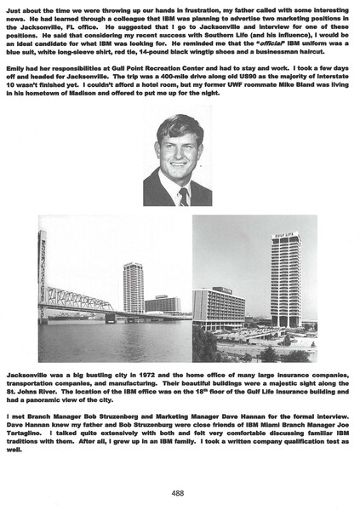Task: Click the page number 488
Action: click(178, 492)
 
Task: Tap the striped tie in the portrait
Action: click(184, 196)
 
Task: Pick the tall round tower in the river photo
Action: click(133, 288)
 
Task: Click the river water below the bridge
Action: click(111, 341)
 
